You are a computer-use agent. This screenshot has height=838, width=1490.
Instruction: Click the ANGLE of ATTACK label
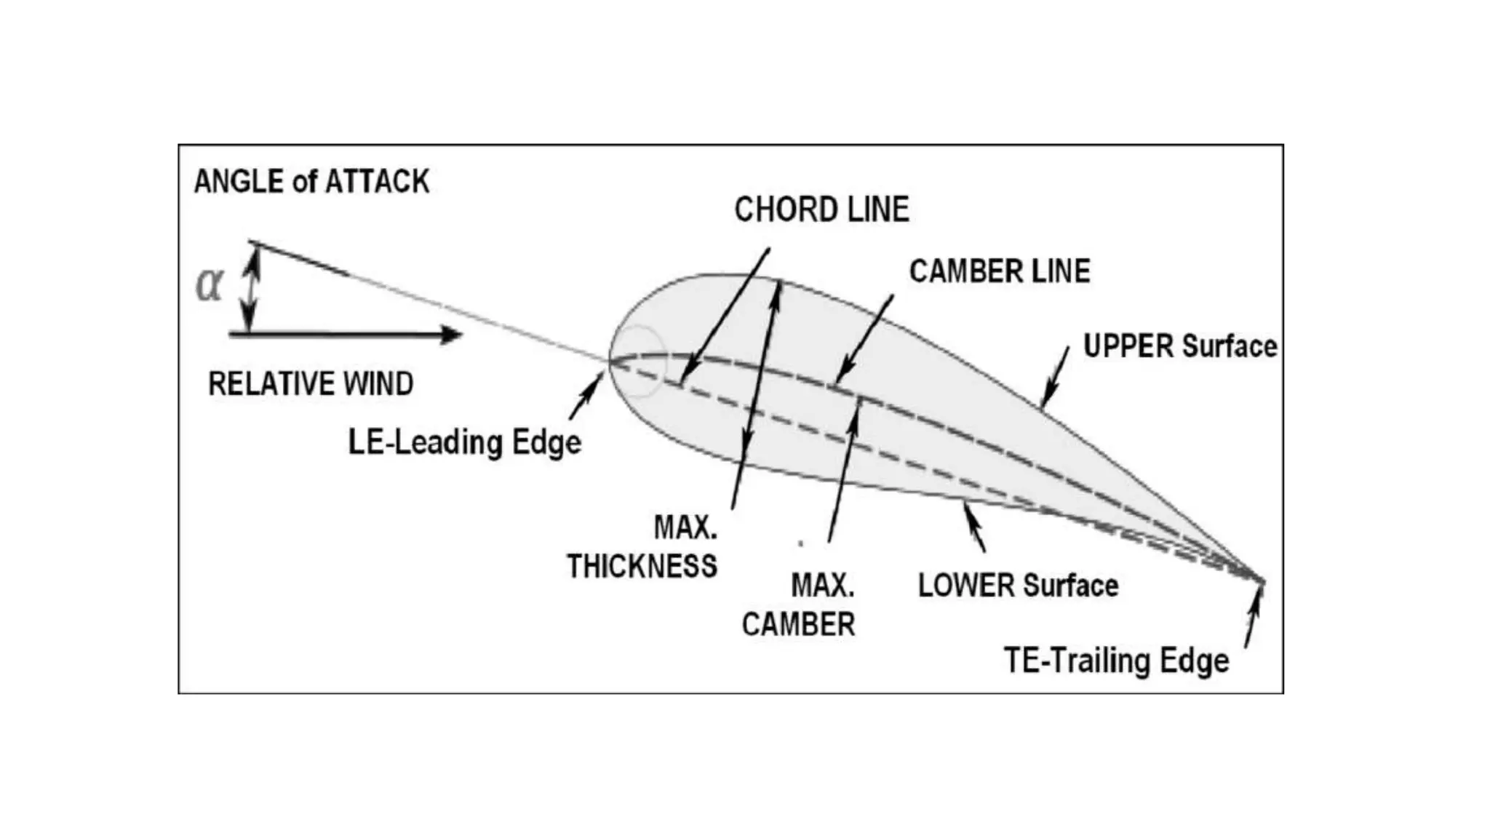click(311, 182)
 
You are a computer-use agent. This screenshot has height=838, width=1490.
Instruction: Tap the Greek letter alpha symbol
click(210, 285)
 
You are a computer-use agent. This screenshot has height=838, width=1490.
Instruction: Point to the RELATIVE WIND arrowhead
click(451, 334)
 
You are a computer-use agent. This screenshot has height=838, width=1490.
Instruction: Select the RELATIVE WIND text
click(311, 384)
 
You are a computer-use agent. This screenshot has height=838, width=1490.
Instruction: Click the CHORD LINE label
click(821, 210)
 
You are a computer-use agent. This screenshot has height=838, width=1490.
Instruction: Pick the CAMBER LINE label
click(1000, 271)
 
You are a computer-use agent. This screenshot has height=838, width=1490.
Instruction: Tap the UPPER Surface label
click(1180, 346)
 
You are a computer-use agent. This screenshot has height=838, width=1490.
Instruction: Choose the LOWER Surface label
click(1018, 586)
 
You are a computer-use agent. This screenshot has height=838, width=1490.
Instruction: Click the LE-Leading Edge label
click(465, 442)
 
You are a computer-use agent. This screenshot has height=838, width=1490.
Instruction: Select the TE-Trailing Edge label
click(1116, 661)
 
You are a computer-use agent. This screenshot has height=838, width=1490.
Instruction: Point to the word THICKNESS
click(642, 566)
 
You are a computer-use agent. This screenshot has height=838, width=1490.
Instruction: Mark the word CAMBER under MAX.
click(798, 624)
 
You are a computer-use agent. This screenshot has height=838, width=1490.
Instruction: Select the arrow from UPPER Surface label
click(1056, 377)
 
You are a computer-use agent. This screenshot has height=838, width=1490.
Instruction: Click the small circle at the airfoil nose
click(639, 361)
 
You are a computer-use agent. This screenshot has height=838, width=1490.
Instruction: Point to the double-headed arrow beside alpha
click(250, 288)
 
